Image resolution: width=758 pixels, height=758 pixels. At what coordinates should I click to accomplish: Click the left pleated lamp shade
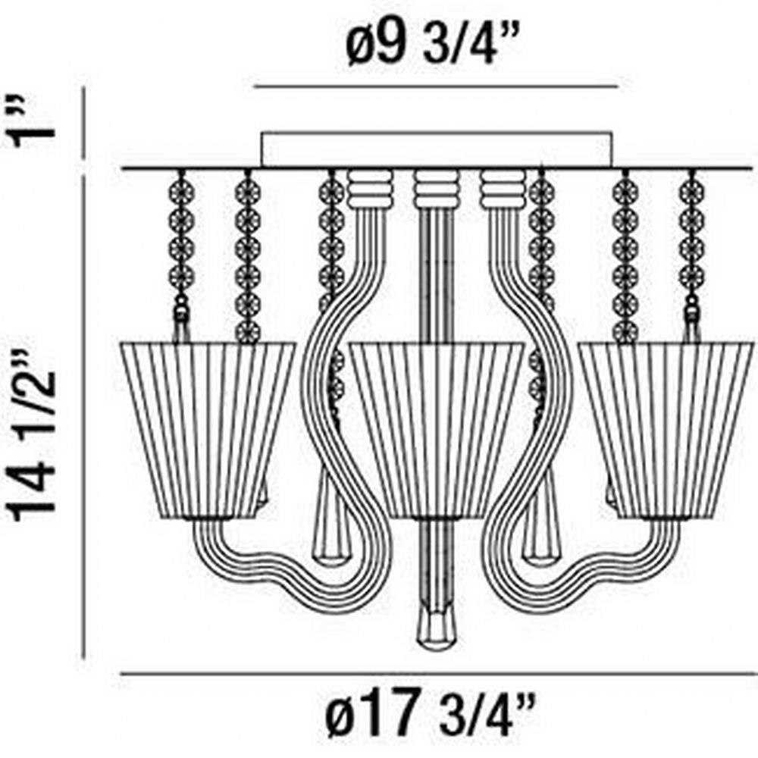coord(207,431)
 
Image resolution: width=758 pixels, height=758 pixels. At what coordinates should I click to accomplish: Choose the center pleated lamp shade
coord(436,431)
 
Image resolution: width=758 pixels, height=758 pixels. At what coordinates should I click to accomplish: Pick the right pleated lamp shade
coord(666,431)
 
